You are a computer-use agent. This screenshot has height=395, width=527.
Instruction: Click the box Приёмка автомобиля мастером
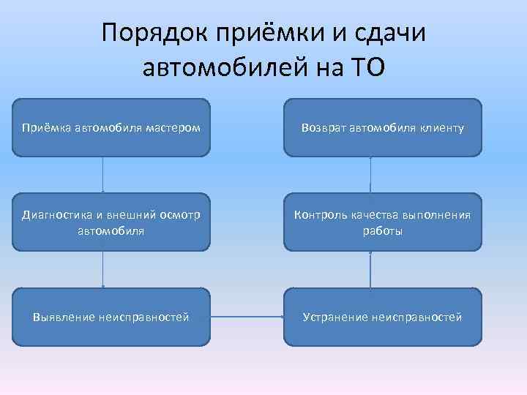coord(111,128)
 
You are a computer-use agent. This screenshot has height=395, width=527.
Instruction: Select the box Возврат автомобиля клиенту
coord(383,128)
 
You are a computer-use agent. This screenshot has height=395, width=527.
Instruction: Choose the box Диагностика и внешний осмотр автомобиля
coord(111,222)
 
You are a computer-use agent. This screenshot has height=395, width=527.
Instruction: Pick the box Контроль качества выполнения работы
coord(383,222)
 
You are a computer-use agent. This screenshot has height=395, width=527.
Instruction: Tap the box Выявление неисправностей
coord(111,317)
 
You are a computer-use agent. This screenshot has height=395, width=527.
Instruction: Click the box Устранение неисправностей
coord(383,317)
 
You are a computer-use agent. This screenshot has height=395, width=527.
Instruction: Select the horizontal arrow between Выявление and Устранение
coord(247,317)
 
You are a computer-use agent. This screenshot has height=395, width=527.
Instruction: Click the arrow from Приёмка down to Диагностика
coord(103,175)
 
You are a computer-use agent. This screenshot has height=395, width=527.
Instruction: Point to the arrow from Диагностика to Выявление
coord(103,269)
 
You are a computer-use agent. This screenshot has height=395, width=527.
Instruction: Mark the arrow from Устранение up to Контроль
coord(370,269)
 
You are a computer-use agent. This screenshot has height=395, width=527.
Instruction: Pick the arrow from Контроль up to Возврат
coord(371,175)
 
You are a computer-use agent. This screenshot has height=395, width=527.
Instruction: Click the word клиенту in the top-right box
coord(441,129)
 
